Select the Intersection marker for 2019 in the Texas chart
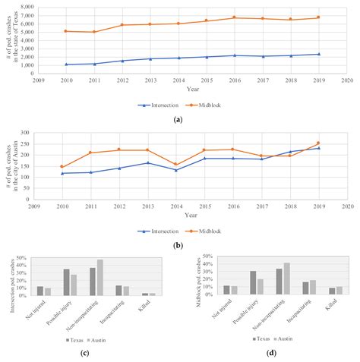point(318,54)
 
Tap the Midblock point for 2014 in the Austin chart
point(178,165)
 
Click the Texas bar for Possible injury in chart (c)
point(66,282)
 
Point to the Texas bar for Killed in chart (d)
point(311,291)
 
